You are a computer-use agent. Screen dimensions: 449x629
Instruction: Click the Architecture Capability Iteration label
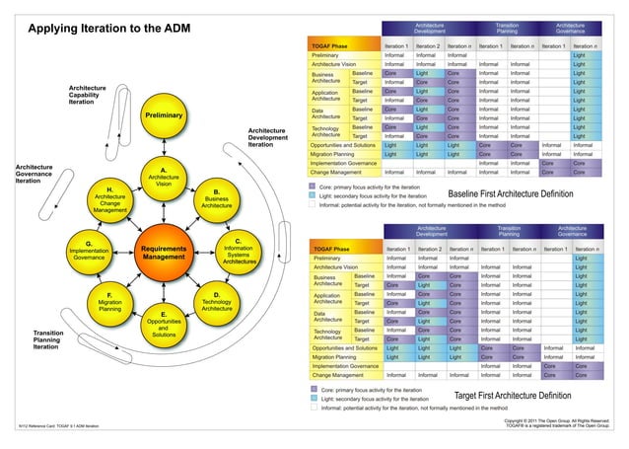coord(95,95)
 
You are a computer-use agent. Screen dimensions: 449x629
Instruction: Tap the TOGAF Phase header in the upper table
coord(331,45)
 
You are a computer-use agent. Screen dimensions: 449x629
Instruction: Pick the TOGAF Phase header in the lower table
coord(333,249)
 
